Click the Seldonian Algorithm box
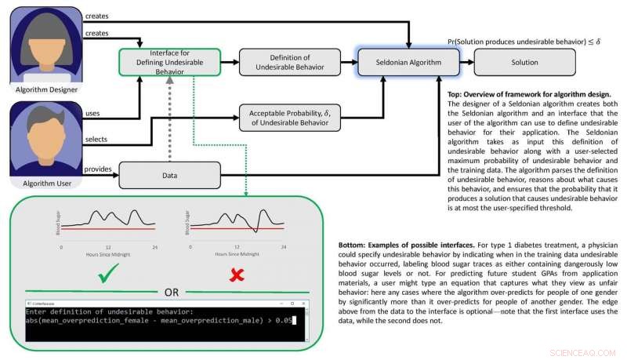point(408,62)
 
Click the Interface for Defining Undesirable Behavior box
point(169,62)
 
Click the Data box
point(169,174)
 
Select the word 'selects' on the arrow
point(96,140)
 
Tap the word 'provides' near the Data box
point(98,169)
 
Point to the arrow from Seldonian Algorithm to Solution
point(467,62)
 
